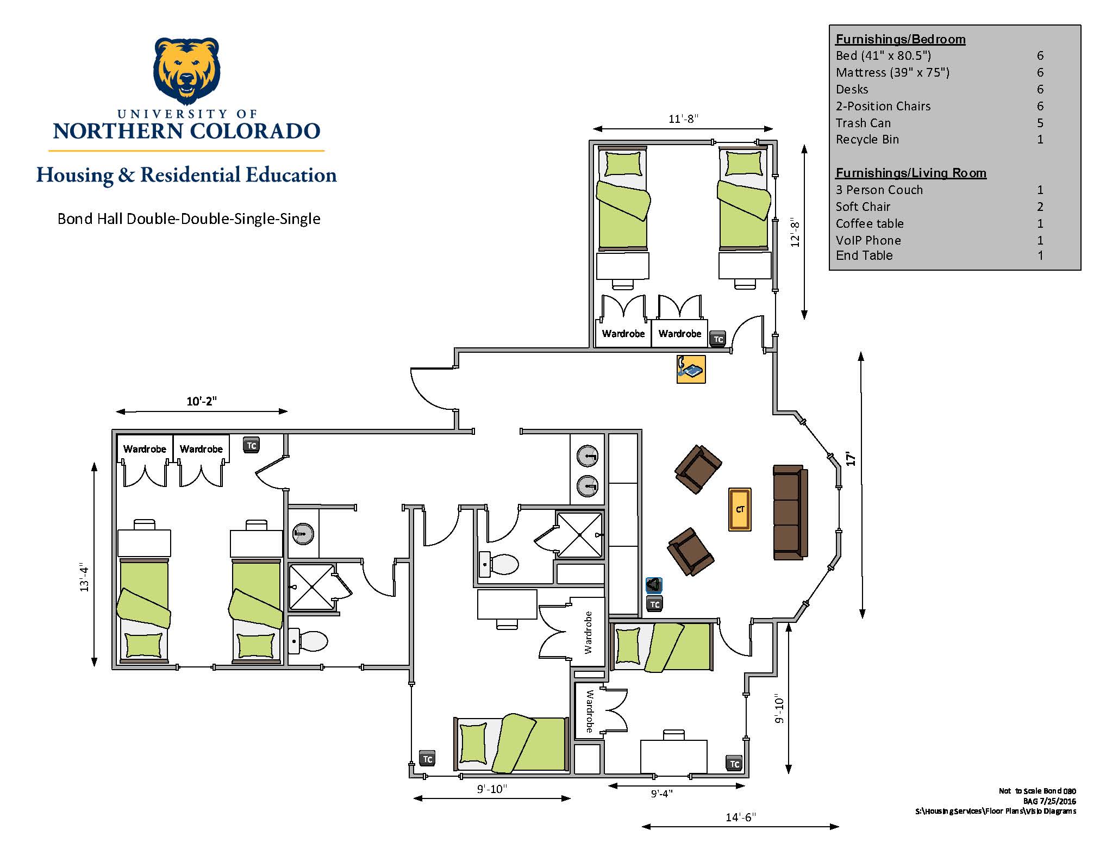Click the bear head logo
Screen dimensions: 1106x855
pos(186,71)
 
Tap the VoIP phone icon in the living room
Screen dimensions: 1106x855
pos(691,370)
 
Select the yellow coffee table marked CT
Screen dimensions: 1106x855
pos(740,509)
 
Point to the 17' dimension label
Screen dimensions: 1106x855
pos(851,459)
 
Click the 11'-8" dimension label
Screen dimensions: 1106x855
pos(683,118)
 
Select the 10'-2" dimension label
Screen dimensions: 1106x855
pos(202,401)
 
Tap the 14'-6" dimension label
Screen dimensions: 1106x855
pos(741,817)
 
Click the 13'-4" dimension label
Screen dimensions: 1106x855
pos(84,577)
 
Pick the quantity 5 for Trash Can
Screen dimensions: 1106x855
pos(1040,123)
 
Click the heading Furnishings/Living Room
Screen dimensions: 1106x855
pos(911,173)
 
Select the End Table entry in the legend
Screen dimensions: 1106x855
pos(864,255)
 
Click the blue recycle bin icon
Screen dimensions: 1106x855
pos(654,585)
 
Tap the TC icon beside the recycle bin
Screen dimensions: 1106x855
pos(655,604)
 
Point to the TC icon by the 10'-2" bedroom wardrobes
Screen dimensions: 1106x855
pos(251,445)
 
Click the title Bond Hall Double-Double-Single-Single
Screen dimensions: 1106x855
pos(189,219)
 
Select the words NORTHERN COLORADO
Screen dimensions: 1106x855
pos(186,131)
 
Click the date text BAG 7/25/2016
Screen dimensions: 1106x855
pos(1049,801)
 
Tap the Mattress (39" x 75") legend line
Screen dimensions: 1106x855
pos(892,72)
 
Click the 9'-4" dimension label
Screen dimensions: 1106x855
pos(661,794)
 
